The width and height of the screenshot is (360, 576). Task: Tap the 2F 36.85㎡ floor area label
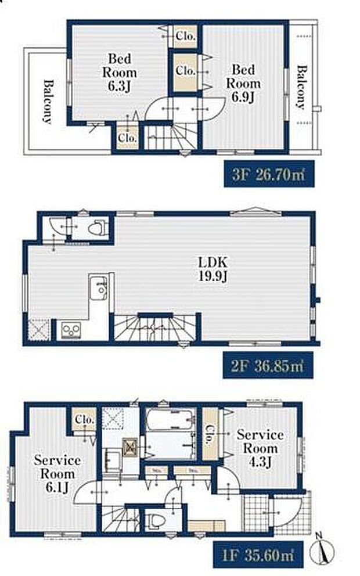click(x=265, y=366)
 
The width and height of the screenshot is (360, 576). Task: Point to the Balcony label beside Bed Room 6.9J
click(x=301, y=88)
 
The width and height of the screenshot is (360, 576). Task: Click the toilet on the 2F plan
click(x=95, y=228)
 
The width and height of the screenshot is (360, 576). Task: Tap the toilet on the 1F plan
click(x=154, y=519)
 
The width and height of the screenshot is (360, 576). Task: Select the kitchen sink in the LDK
click(x=99, y=287)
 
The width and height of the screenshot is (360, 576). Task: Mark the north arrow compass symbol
click(x=321, y=549)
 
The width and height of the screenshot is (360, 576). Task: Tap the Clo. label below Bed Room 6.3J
click(x=127, y=138)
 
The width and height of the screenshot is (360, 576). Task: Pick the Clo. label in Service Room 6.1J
click(x=85, y=420)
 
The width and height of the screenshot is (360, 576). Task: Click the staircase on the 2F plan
click(x=152, y=327)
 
